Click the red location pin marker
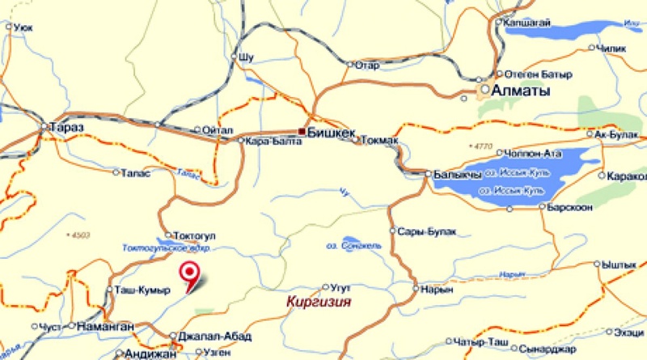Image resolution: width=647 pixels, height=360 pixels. [x=192, y=276]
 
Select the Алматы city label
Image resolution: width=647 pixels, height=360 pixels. [x=522, y=91]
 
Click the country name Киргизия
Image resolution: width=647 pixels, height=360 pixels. [x=319, y=302]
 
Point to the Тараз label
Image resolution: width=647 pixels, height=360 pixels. [x=67, y=128]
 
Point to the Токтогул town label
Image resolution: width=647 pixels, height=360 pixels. [x=193, y=235]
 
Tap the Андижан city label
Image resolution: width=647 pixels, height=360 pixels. [x=151, y=354]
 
